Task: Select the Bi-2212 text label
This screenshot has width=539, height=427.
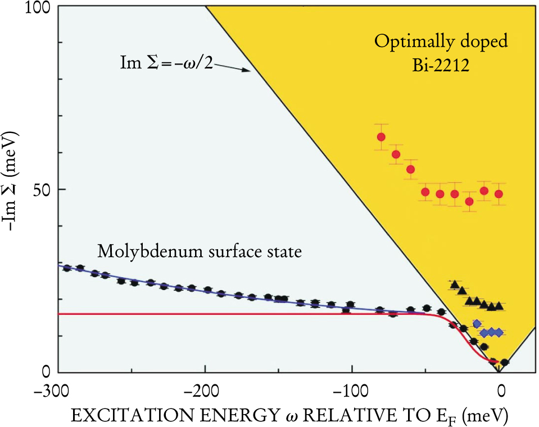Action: [x=442, y=65]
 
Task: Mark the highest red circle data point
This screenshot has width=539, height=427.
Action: [x=381, y=137]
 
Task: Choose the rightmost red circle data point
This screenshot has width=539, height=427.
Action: [x=498, y=194]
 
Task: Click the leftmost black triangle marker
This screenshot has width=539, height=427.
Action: [x=455, y=284]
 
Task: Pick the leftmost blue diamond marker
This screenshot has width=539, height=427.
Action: [x=477, y=324]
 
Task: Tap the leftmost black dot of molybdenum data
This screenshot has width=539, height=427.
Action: [x=67, y=268]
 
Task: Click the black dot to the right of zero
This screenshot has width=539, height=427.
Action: [x=505, y=362]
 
